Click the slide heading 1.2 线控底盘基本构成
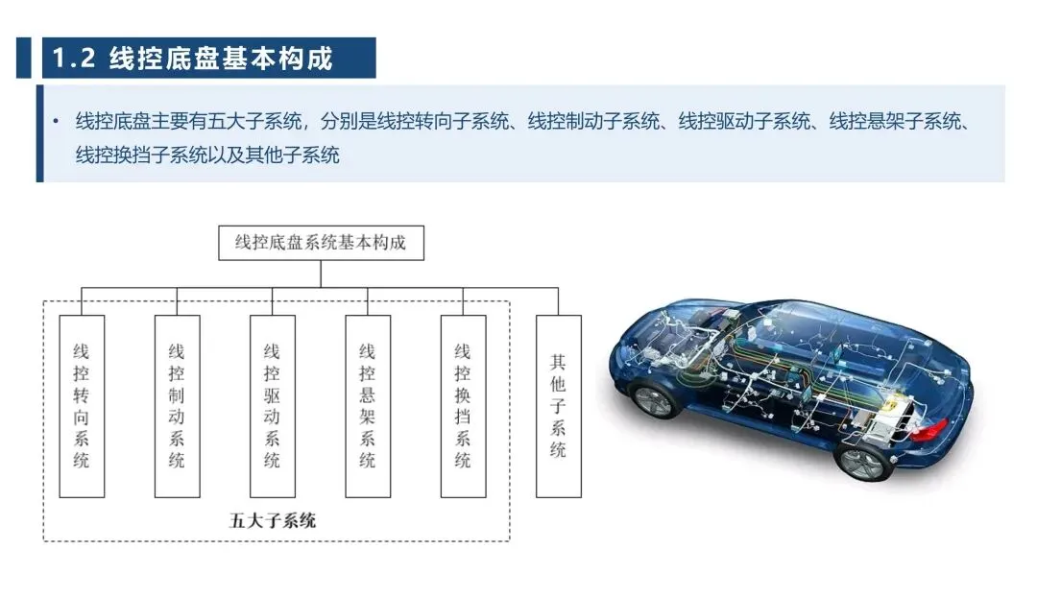(192, 59)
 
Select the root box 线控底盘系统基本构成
(321, 243)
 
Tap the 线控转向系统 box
(82, 406)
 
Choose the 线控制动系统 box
(177, 406)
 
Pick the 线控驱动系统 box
(272, 406)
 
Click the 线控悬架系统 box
(367, 406)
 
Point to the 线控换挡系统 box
(463, 406)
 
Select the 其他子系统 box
(558, 406)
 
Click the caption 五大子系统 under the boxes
(272, 522)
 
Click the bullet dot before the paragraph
(56, 122)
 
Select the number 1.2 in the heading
(73, 59)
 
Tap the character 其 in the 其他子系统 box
(558, 363)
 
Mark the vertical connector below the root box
(321, 275)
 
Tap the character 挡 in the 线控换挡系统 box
(463, 417)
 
